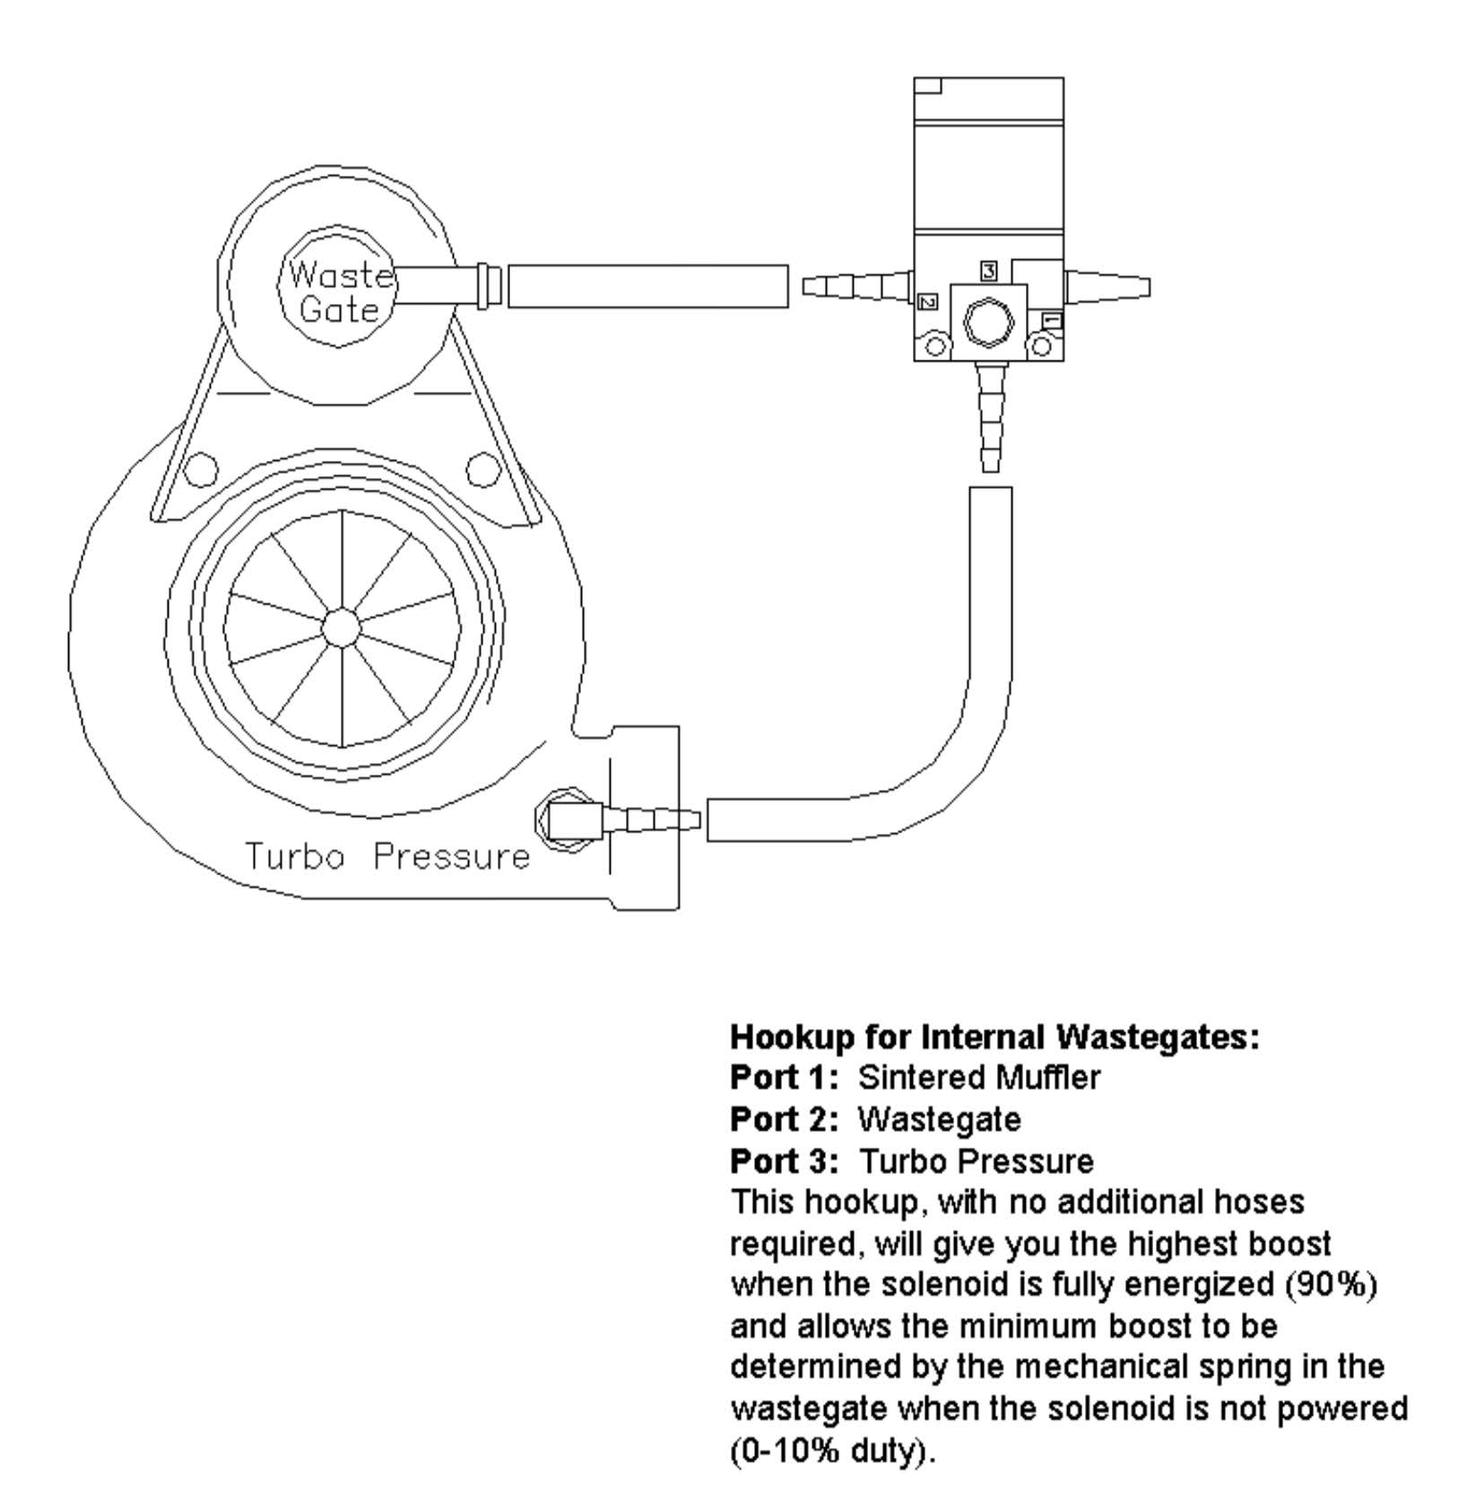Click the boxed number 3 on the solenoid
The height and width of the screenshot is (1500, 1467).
[x=988, y=270]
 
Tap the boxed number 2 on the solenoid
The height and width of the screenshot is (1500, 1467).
[x=929, y=301]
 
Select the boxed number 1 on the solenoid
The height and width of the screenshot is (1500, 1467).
[x=1051, y=320]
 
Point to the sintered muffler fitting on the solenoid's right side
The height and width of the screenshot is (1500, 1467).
[x=1107, y=287]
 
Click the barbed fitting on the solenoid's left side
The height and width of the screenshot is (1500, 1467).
[x=858, y=287]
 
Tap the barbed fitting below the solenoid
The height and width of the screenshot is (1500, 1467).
[x=990, y=417]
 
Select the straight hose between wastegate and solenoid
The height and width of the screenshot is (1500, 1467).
[x=648, y=286]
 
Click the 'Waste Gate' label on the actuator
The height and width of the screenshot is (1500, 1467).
[x=340, y=291]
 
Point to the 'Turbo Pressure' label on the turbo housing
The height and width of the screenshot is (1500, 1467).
[x=388, y=856]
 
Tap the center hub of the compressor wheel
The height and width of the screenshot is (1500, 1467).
[x=341, y=628]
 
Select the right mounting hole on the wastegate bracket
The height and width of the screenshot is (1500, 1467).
[x=483, y=469]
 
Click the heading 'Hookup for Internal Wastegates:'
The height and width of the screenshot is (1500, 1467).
[x=995, y=1037]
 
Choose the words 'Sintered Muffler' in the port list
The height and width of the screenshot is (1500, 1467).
[x=978, y=1078]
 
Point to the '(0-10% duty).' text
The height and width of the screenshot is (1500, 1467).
[x=833, y=1451]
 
